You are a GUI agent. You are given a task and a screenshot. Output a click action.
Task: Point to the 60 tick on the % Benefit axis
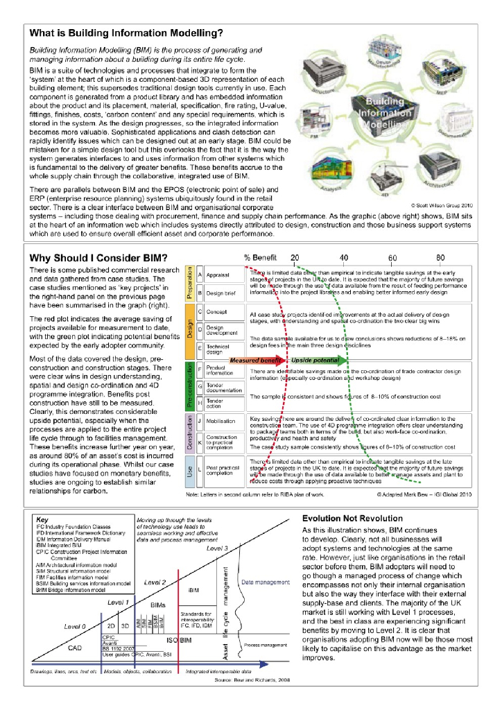point(392,257)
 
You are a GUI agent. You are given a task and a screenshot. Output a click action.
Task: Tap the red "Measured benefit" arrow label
point(256,361)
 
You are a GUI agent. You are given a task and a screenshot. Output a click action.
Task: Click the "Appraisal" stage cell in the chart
point(217,275)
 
